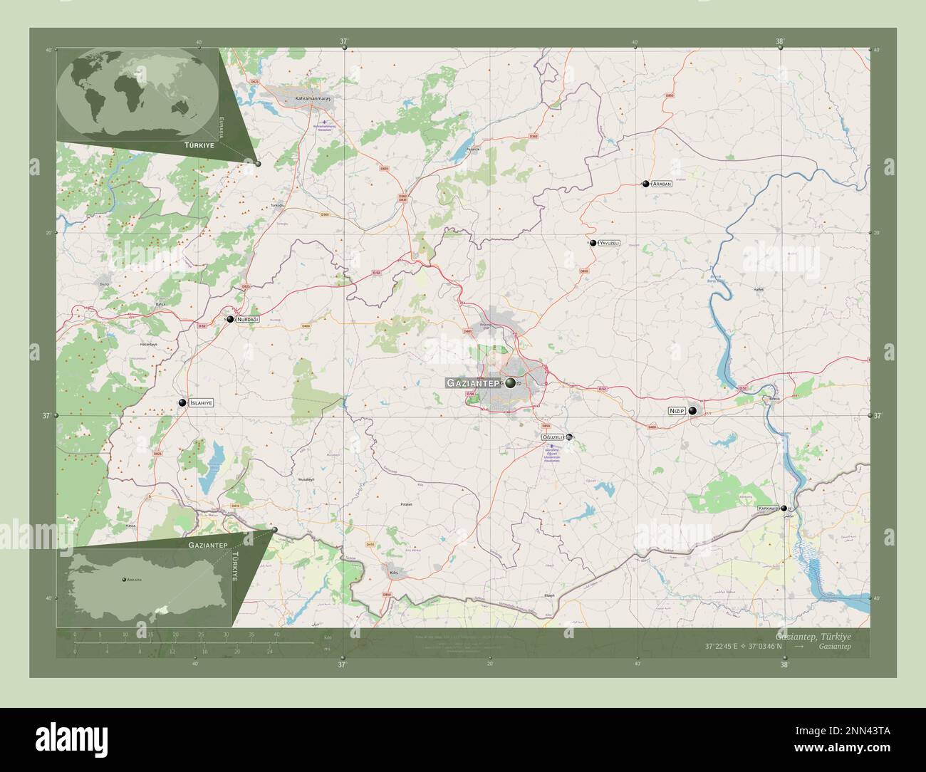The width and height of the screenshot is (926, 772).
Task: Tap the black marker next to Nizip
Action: [692, 410]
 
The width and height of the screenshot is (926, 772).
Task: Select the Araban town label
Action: [662, 184]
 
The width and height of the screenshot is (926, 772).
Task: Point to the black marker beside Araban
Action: [645, 184]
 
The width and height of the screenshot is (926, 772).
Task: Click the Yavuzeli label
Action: [609, 243]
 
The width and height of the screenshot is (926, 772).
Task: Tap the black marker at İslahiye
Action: [183, 403]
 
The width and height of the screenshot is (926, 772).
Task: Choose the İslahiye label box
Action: [201, 403]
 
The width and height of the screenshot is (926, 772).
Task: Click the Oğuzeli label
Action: [553, 437]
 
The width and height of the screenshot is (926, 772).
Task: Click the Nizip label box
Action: [676, 411]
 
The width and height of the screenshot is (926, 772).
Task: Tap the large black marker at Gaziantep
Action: [511, 382]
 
